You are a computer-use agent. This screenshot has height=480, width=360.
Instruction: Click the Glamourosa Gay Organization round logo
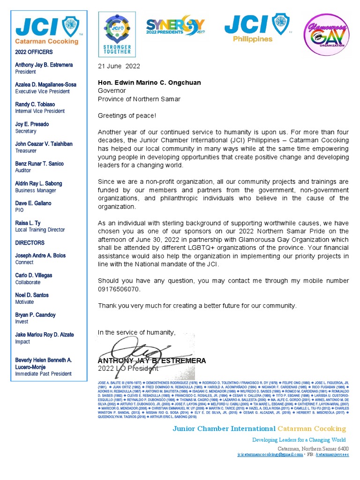tap(327, 35)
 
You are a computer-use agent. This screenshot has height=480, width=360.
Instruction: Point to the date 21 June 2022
tap(119, 66)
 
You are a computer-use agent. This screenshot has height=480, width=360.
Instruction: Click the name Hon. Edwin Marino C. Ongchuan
tap(149, 83)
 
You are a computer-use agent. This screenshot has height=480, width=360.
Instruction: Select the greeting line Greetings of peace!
tap(127, 115)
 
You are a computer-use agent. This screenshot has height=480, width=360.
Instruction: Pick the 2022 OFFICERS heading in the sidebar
tap(34, 52)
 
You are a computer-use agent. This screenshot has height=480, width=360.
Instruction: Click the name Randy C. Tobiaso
tap(35, 104)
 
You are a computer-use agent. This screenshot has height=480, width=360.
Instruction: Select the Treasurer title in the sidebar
tap(26, 151)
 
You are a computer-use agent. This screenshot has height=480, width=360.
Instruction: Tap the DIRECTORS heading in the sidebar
tap(30, 243)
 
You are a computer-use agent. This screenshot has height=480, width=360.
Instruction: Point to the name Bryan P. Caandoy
tap(35, 315)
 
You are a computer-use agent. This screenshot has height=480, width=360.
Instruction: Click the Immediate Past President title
tap(43, 374)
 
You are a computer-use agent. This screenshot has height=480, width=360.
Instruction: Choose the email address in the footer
tap(270, 455)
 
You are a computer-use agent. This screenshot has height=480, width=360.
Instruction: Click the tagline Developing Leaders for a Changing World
tap(299, 440)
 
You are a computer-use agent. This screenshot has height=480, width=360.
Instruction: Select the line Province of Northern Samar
tap(139, 99)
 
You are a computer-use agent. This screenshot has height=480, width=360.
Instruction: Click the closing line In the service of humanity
tap(136, 332)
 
